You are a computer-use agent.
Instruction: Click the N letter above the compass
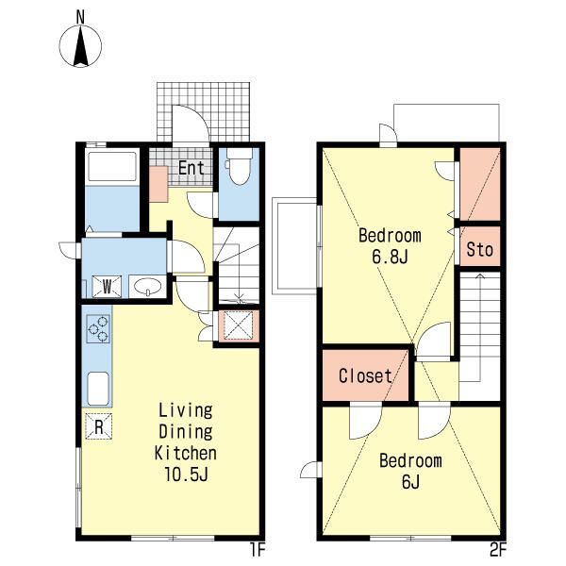tap(80, 17)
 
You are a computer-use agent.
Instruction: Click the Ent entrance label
tap(191, 168)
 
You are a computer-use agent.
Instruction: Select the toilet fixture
tap(239, 166)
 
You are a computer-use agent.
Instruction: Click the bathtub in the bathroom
tap(112, 167)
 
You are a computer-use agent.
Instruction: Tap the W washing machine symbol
tap(107, 287)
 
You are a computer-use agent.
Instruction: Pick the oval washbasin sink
tap(148, 287)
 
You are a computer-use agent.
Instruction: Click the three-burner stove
tap(98, 328)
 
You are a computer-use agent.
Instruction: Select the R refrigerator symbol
tap(99, 426)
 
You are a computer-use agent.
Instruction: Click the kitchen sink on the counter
tap(98, 389)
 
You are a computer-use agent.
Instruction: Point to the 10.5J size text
tap(186, 474)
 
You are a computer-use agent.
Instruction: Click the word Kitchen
tap(186, 453)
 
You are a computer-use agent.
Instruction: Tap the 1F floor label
tap(258, 550)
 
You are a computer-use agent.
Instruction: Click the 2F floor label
tap(498, 550)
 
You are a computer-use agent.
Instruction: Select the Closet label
tap(365, 375)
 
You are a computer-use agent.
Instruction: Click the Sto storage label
tap(480, 249)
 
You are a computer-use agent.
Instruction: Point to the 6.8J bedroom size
tap(390, 257)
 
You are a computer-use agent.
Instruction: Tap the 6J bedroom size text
tap(410, 481)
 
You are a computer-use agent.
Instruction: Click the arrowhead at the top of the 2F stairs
tap(480, 276)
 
